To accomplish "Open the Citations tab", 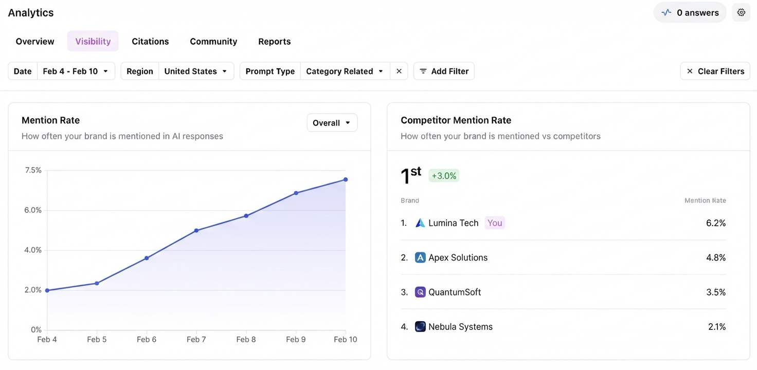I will click(150, 42).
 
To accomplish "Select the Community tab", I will click(213, 42).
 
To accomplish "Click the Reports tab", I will click(274, 42).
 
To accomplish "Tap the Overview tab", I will click(35, 42).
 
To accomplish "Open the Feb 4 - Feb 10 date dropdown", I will click(76, 71).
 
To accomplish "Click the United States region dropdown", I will click(195, 71).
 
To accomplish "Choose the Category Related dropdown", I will click(345, 71).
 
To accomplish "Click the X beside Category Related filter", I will click(399, 71).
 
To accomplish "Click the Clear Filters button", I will click(715, 71).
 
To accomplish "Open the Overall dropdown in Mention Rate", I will click(332, 123).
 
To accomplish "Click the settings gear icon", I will click(741, 13).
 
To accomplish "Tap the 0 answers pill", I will click(690, 13).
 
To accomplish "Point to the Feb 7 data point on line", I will click(196, 231).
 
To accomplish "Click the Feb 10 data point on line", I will click(346, 179).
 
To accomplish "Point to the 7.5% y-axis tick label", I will click(32, 170).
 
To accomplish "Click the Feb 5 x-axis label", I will click(97, 340).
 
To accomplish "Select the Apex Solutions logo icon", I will click(420, 257).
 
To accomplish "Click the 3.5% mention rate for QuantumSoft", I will click(715, 292).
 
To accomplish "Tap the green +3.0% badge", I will click(444, 176).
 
